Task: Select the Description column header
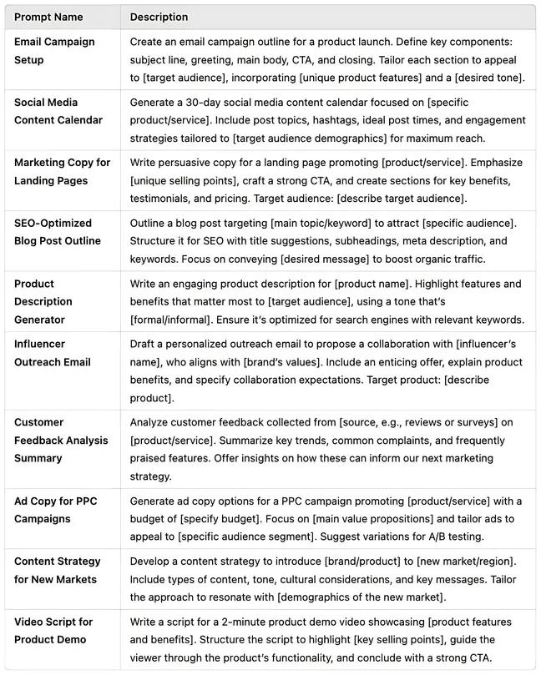click(159, 17)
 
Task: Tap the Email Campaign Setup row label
click(54, 51)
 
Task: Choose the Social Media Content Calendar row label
click(58, 111)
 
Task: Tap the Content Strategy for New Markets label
click(57, 571)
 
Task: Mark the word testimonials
click(163, 199)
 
